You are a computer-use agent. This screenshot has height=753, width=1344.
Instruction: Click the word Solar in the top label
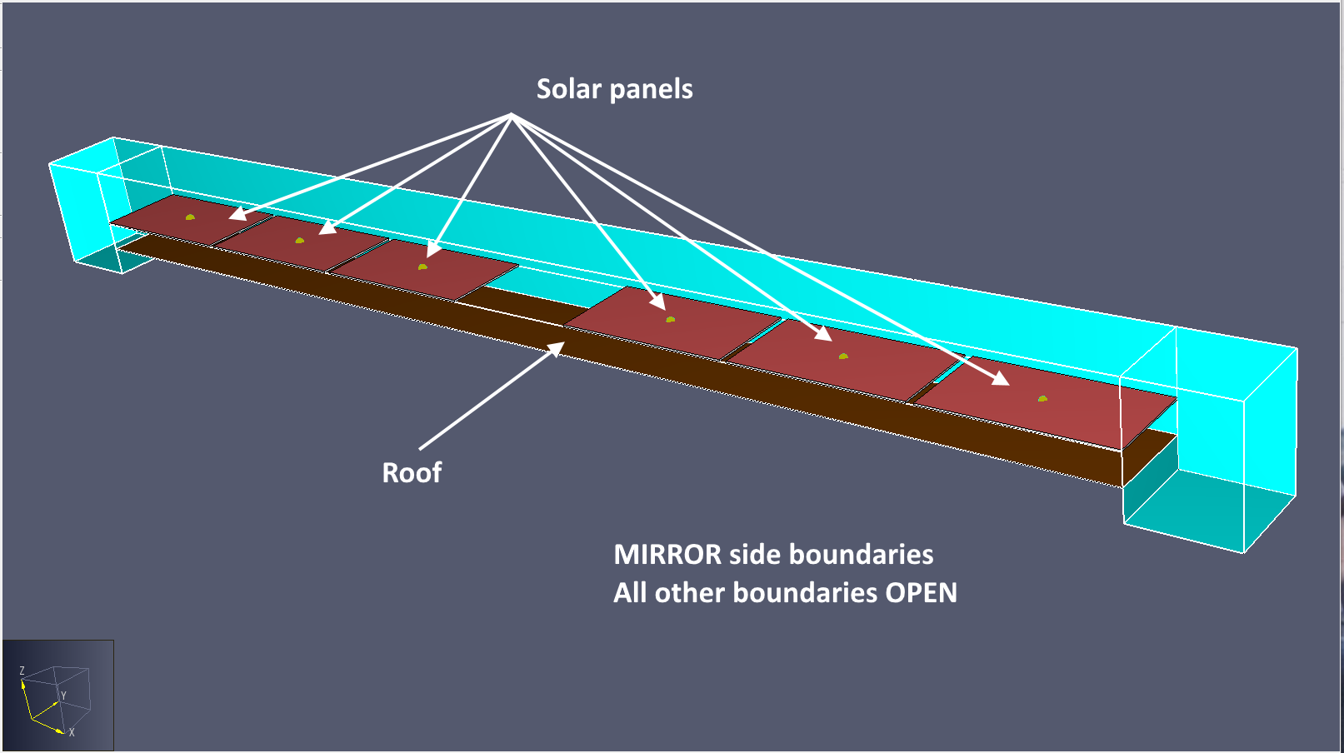tap(569, 89)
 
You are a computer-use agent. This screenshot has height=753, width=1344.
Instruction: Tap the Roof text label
tap(412, 473)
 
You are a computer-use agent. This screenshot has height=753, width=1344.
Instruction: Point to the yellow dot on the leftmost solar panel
tap(190, 217)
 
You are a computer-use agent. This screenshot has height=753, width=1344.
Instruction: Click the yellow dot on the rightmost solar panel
tap(1042, 399)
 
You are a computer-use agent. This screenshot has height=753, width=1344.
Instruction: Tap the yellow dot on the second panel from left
tap(300, 241)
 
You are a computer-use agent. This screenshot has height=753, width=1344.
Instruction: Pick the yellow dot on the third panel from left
tap(422, 267)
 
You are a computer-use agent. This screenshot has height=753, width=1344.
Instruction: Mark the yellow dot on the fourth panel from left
tap(670, 319)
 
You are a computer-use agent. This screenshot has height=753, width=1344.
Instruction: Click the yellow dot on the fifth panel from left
tap(843, 357)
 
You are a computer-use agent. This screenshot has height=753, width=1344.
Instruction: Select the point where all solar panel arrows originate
tap(512, 115)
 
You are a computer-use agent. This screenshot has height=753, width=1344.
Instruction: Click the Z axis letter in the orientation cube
tap(22, 671)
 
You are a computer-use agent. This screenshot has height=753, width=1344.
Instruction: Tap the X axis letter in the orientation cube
tap(72, 733)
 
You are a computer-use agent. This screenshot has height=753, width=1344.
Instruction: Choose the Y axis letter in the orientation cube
tap(63, 696)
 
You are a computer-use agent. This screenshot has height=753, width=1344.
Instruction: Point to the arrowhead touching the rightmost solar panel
tap(1002, 380)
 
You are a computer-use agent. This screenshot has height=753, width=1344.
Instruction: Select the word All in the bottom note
tap(630, 593)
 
